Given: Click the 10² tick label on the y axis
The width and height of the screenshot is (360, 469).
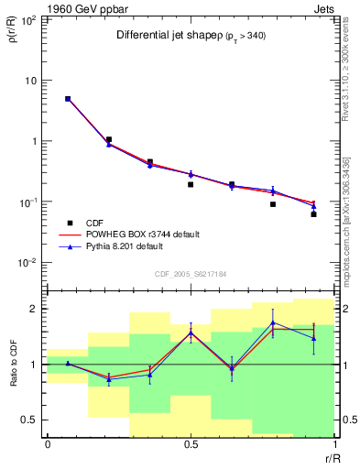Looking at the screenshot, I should tap(27, 19).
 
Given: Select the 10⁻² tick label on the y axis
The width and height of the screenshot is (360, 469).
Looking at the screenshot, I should tap(27, 263).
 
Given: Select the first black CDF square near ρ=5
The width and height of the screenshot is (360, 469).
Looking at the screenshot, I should tap(68, 99).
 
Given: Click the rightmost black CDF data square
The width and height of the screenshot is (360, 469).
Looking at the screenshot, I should tap(313, 214).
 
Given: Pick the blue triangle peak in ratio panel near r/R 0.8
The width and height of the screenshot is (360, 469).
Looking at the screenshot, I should tap(273, 322).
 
